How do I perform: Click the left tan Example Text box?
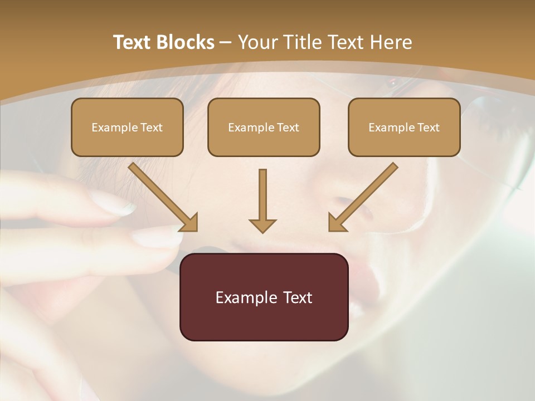tap(127, 127)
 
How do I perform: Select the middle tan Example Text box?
tap(264, 127)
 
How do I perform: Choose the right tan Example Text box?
tap(404, 127)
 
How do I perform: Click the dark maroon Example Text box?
tap(264, 297)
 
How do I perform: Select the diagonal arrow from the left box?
tap(162, 195)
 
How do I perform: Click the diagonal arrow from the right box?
tap(364, 195)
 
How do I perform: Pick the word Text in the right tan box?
tap(429, 128)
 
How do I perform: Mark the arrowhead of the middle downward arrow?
tap(262, 225)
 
